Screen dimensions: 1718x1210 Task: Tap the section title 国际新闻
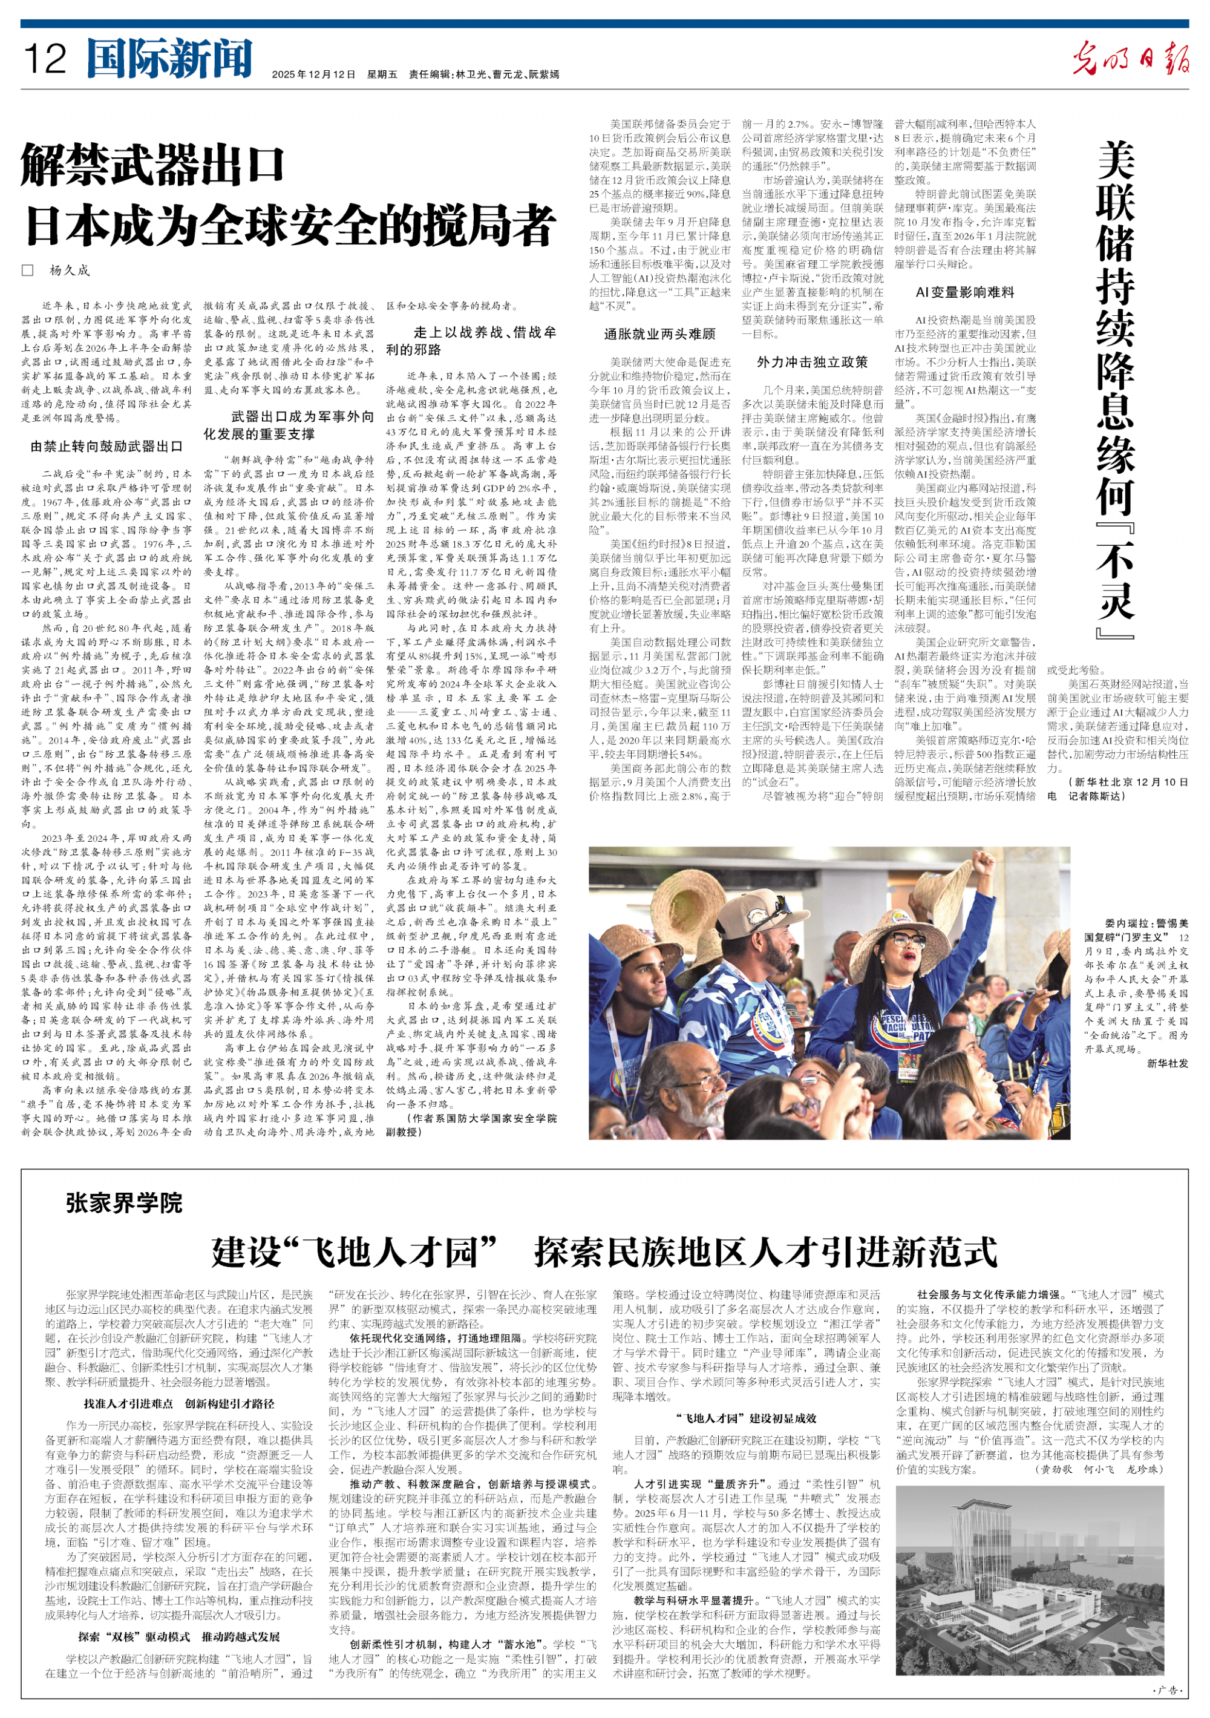[x=169, y=58]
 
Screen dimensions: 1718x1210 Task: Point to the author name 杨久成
[x=70, y=270]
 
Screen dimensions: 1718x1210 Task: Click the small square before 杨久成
[x=28, y=270]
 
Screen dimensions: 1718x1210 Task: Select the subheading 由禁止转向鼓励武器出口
[x=106, y=447]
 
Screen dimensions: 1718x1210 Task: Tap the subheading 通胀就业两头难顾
[x=659, y=333]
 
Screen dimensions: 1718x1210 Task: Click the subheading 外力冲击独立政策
[x=812, y=362]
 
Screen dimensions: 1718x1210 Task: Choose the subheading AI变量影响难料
[x=966, y=292]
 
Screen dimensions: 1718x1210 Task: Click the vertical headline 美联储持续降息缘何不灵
[x=1116, y=389]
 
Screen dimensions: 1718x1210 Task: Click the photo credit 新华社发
[x=1166, y=1063]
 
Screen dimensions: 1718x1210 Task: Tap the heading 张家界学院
[x=124, y=1202]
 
